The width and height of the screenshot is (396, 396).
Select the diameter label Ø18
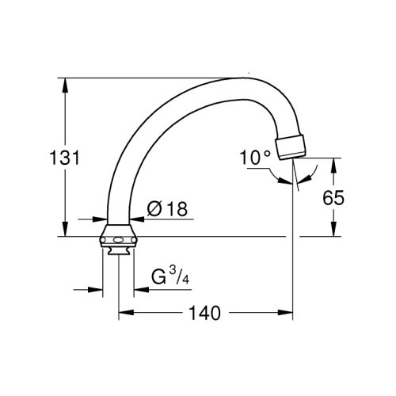166,209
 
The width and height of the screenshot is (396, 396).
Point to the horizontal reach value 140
205,314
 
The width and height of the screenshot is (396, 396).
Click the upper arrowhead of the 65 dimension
333,162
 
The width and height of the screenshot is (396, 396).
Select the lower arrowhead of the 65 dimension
333,232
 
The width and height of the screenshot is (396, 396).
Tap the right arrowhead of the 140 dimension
289,314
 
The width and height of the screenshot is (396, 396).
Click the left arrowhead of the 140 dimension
124,314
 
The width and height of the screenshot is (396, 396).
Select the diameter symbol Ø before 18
154,209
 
